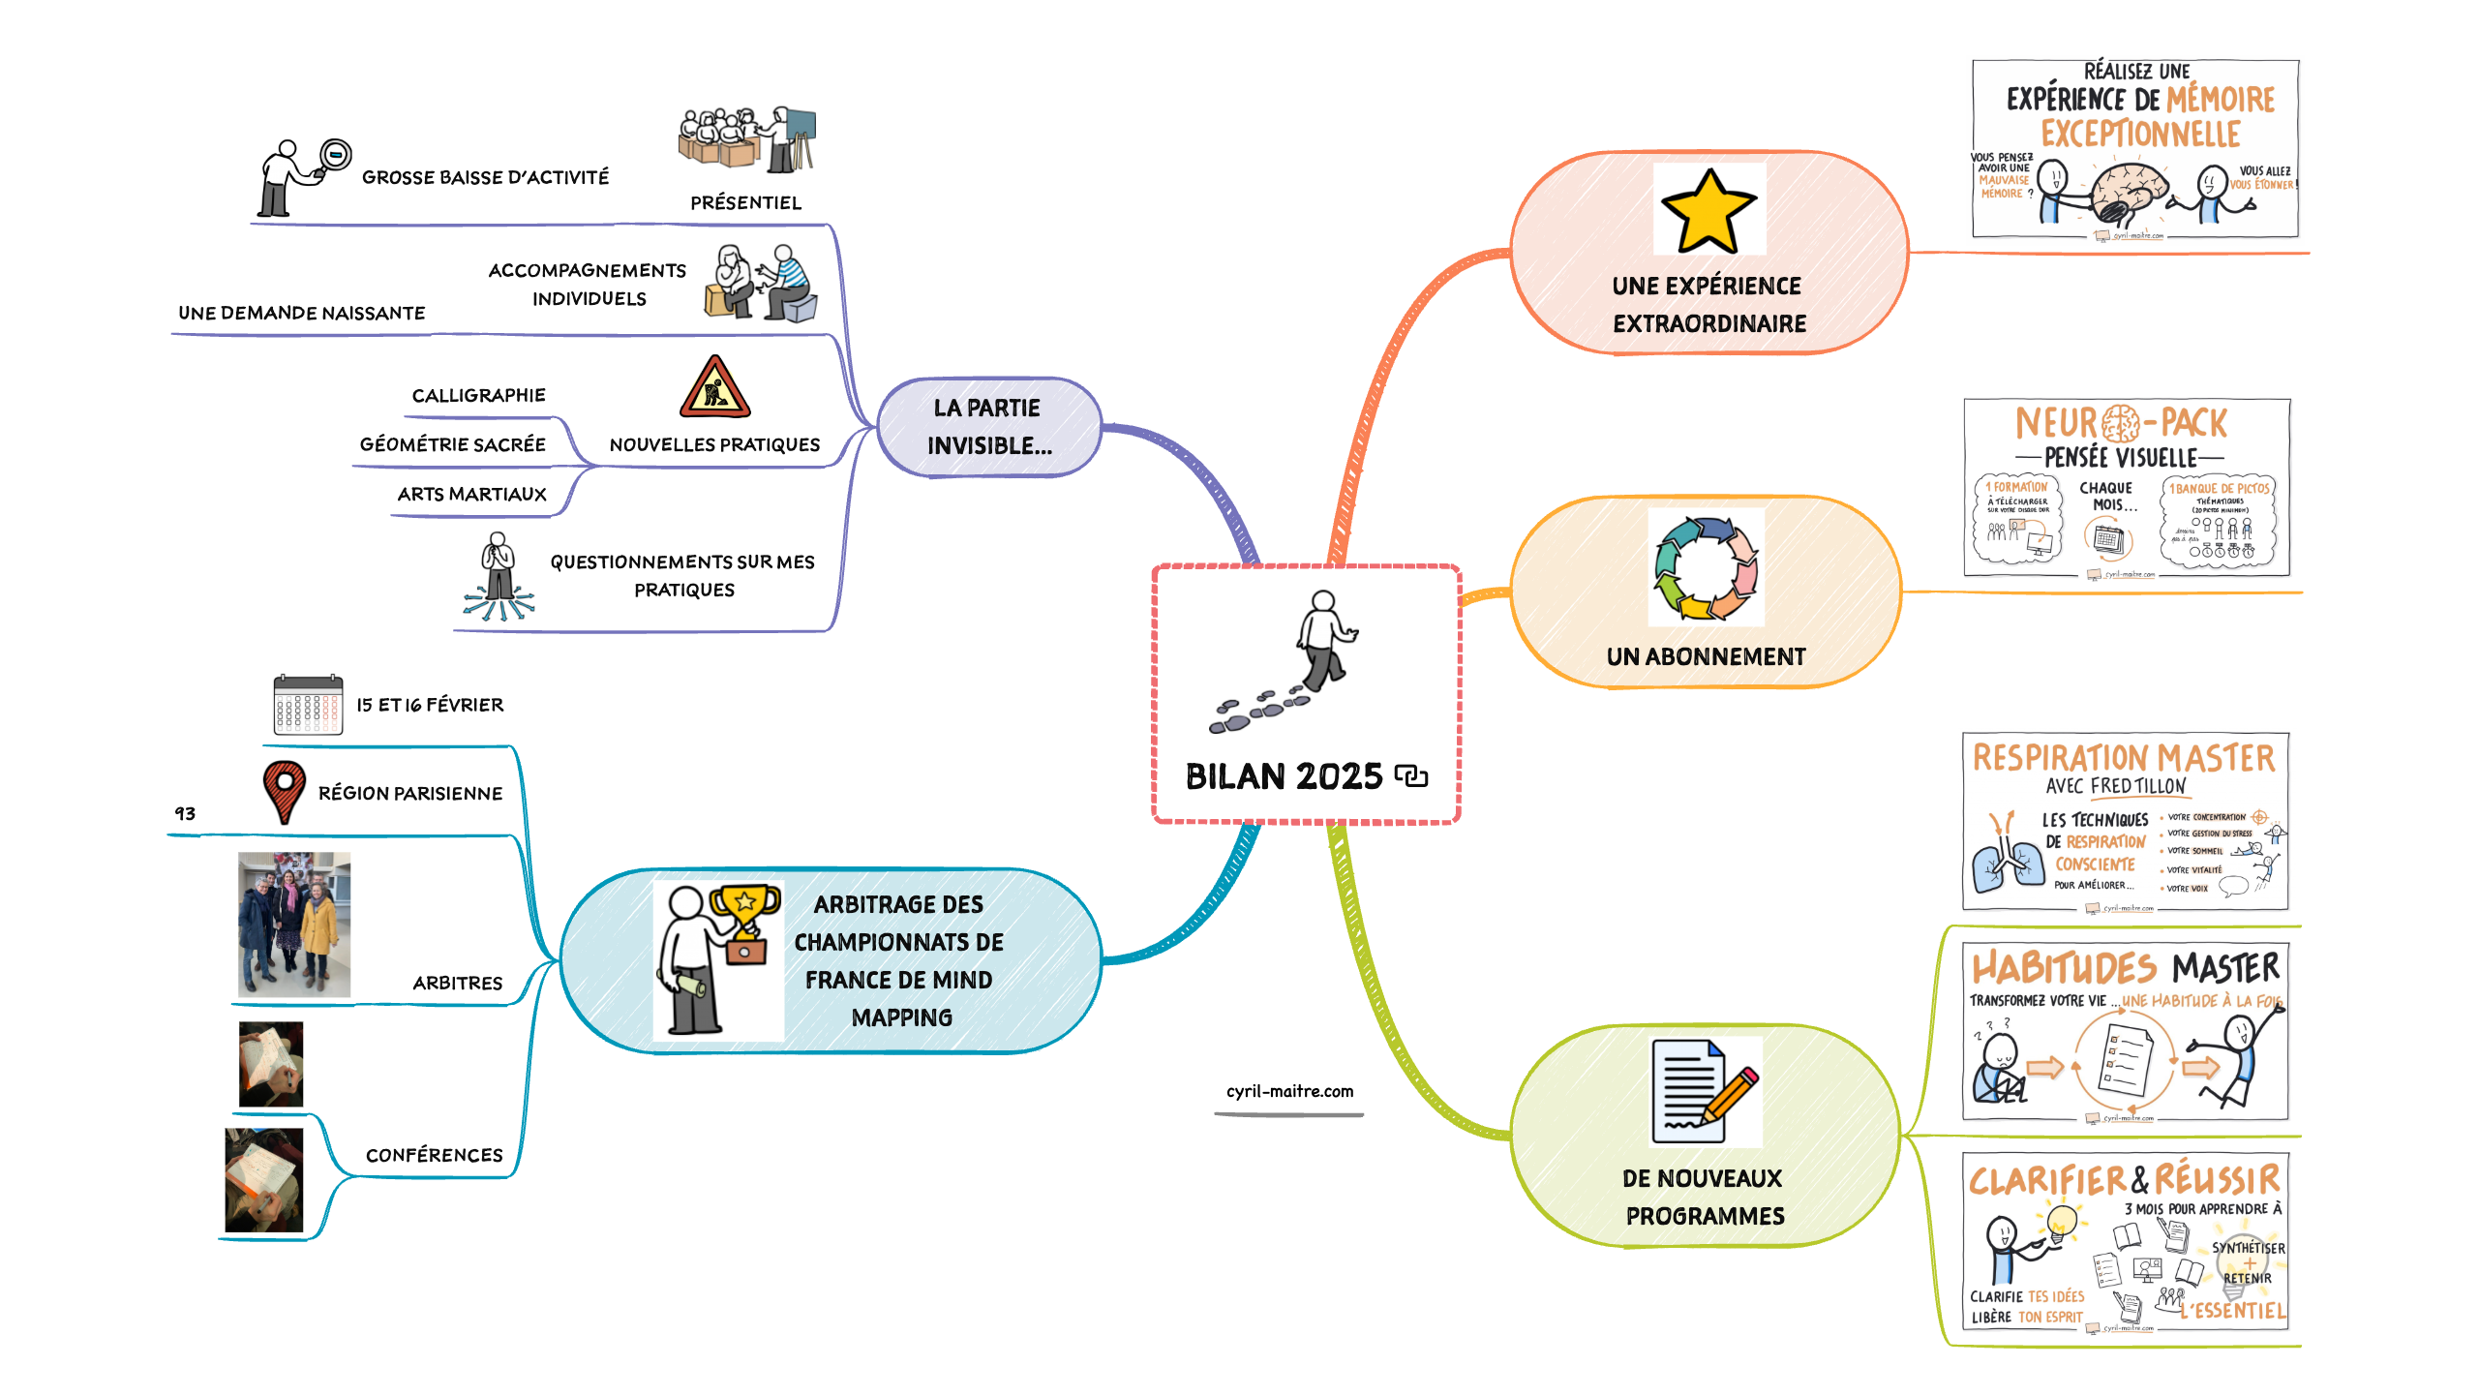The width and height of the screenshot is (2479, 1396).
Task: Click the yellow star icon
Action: (1708, 210)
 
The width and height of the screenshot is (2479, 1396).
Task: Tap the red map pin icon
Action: (284, 790)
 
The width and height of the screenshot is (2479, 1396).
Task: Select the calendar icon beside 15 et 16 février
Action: (308, 705)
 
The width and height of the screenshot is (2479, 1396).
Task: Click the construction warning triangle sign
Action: (714, 388)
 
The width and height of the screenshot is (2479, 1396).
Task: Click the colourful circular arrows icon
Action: (1706, 568)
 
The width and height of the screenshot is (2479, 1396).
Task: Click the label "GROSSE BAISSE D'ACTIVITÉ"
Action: (485, 177)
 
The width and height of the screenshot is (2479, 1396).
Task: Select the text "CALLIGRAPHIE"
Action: (478, 395)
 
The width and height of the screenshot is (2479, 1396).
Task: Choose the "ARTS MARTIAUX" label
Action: (471, 494)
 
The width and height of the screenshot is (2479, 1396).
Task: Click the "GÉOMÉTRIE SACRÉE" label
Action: (452, 444)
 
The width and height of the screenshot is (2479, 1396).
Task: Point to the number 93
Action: (185, 813)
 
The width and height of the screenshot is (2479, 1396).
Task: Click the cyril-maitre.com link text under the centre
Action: (1289, 1091)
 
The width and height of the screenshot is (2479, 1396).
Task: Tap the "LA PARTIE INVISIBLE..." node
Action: (988, 427)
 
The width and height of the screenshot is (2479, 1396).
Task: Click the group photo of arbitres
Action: (294, 924)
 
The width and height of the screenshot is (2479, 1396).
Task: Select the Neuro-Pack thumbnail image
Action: (2126, 488)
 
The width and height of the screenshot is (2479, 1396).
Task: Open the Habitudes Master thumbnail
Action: (2126, 1032)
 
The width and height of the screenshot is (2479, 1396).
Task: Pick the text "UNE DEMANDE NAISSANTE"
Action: (301, 313)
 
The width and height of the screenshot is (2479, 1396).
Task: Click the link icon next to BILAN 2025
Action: (1411, 776)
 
